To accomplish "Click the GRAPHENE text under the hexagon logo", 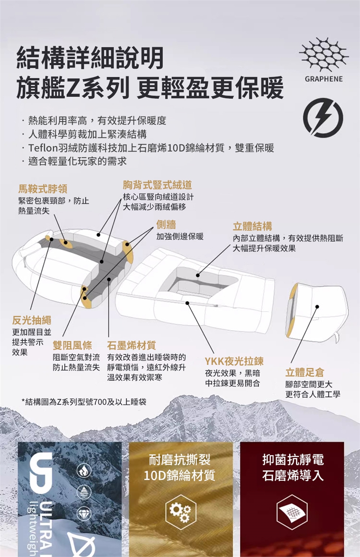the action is [x=323, y=79].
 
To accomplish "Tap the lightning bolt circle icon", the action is [x=323, y=118].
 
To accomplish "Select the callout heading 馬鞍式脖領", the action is [x=43, y=189].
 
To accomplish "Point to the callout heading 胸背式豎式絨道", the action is [x=157, y=185].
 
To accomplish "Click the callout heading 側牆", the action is [x=166, y=225].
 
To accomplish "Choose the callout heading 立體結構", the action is [x=252, y=226].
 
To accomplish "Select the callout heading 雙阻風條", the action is [x=72, y=345].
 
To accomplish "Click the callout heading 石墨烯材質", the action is [x=132, y=345].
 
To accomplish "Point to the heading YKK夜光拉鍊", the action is [x=234, y=361].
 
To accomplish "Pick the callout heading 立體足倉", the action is [x=305, y=373].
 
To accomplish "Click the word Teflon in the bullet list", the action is [x=43, y=148].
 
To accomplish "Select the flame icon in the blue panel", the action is [x=84, y=471].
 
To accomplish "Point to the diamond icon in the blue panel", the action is [x=84, y=514].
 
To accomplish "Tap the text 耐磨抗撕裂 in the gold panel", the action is [x=180, y=460].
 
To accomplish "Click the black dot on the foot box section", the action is [x=317, y=307].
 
